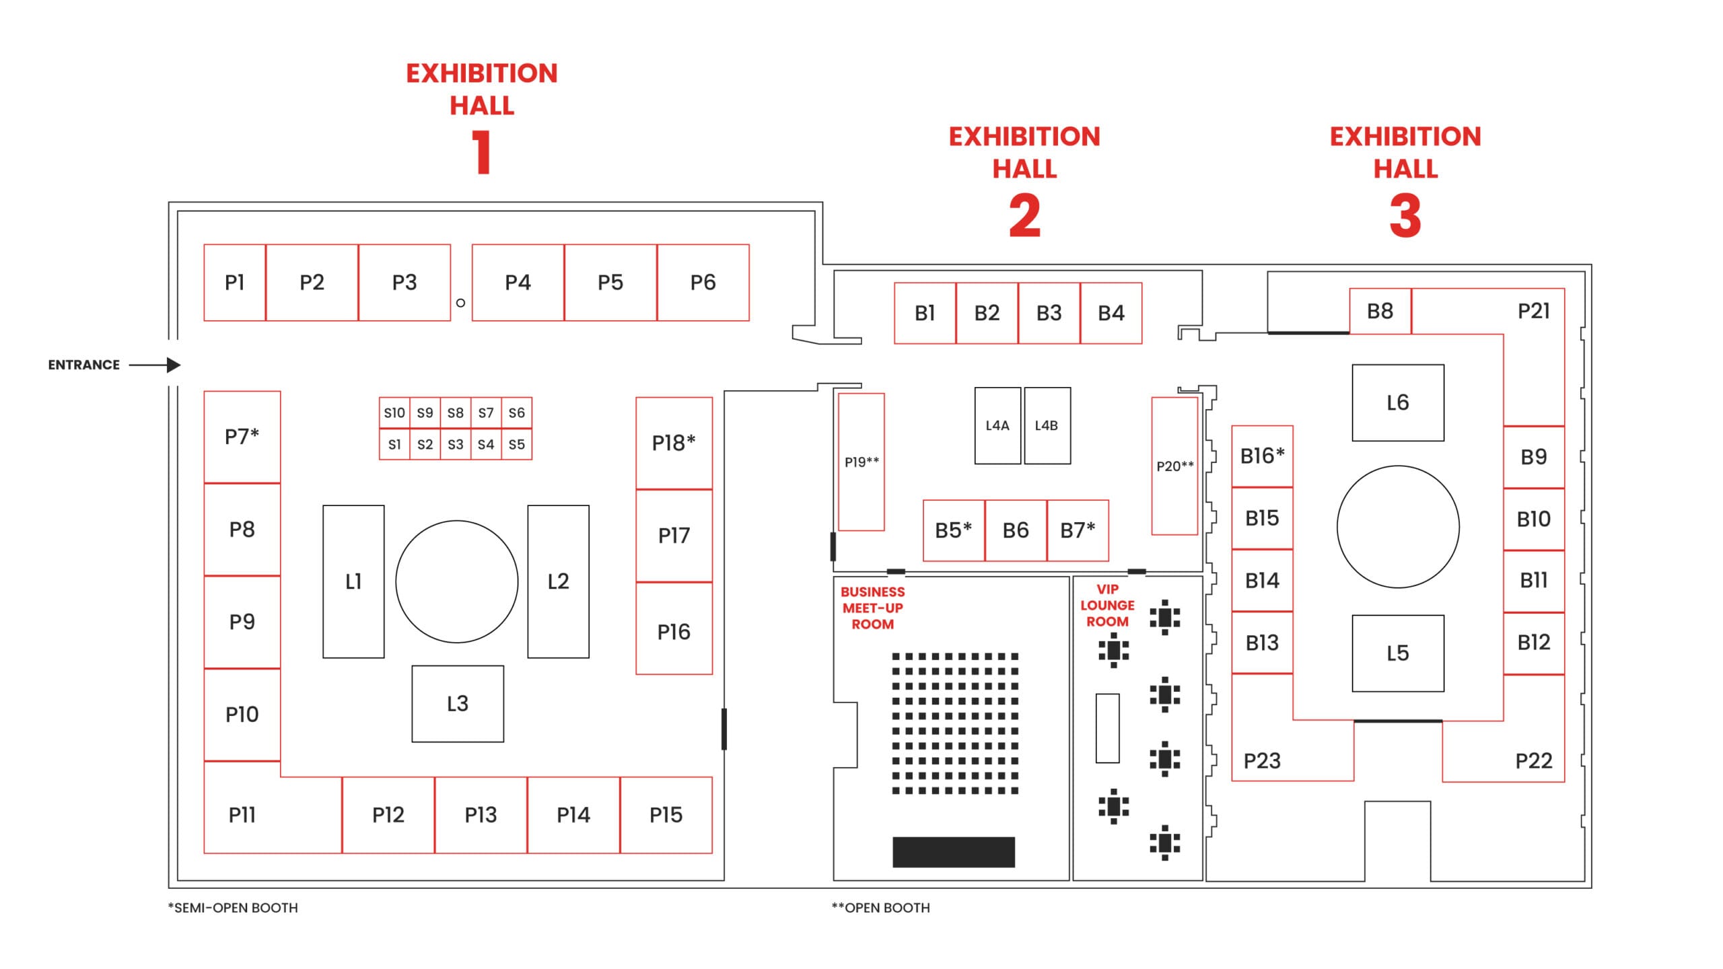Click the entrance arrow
point(155,365)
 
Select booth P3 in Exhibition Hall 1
point(405,283)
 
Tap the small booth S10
point(394,412)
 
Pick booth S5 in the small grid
point(516,444)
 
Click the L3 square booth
point(458,704)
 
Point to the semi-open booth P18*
point(674,443)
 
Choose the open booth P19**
point(861,462)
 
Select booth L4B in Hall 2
point(1047,425)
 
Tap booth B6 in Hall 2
point(1016,530)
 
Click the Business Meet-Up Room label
point(872,608)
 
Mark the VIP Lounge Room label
point(1107,605)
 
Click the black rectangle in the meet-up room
point(954,852)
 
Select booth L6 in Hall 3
point(1398,402)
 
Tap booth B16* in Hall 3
point(1262,456)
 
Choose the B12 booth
point(1534,643)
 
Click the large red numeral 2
point(1024,216)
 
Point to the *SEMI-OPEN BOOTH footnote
point(233,908)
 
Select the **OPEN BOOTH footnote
point(880,908)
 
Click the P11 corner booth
point(242,815)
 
